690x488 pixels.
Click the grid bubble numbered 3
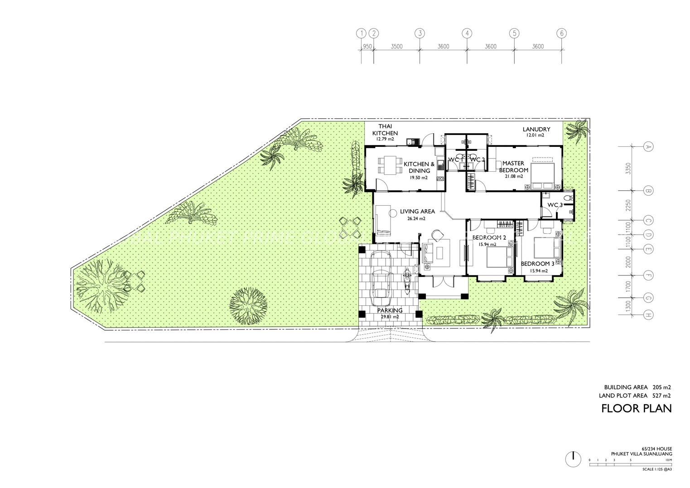(x=420, y=33)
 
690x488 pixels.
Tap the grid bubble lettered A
(x=648, y=147)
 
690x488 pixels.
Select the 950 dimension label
(x=367, y=47)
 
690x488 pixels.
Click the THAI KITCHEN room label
(x=385, y=130)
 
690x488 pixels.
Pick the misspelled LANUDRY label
(x=536, y=129)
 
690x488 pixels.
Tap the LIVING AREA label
(x=417, y=211)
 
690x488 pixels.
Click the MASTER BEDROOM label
(x=513, y=166)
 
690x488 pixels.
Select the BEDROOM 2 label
(x=489, y=237)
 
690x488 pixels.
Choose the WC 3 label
(x=555, y=205)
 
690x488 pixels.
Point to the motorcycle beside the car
(x=407, y=281)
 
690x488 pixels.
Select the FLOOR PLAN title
(x=636, y=408)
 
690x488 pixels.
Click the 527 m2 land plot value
(x=661, y=395)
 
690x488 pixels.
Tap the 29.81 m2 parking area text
(x=390, y=317)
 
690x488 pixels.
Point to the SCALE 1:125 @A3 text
(x=657, y=469)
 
